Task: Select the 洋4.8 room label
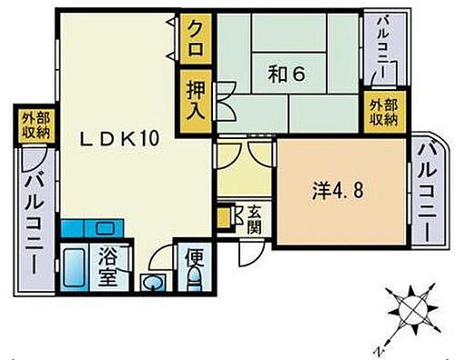[338, 193]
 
